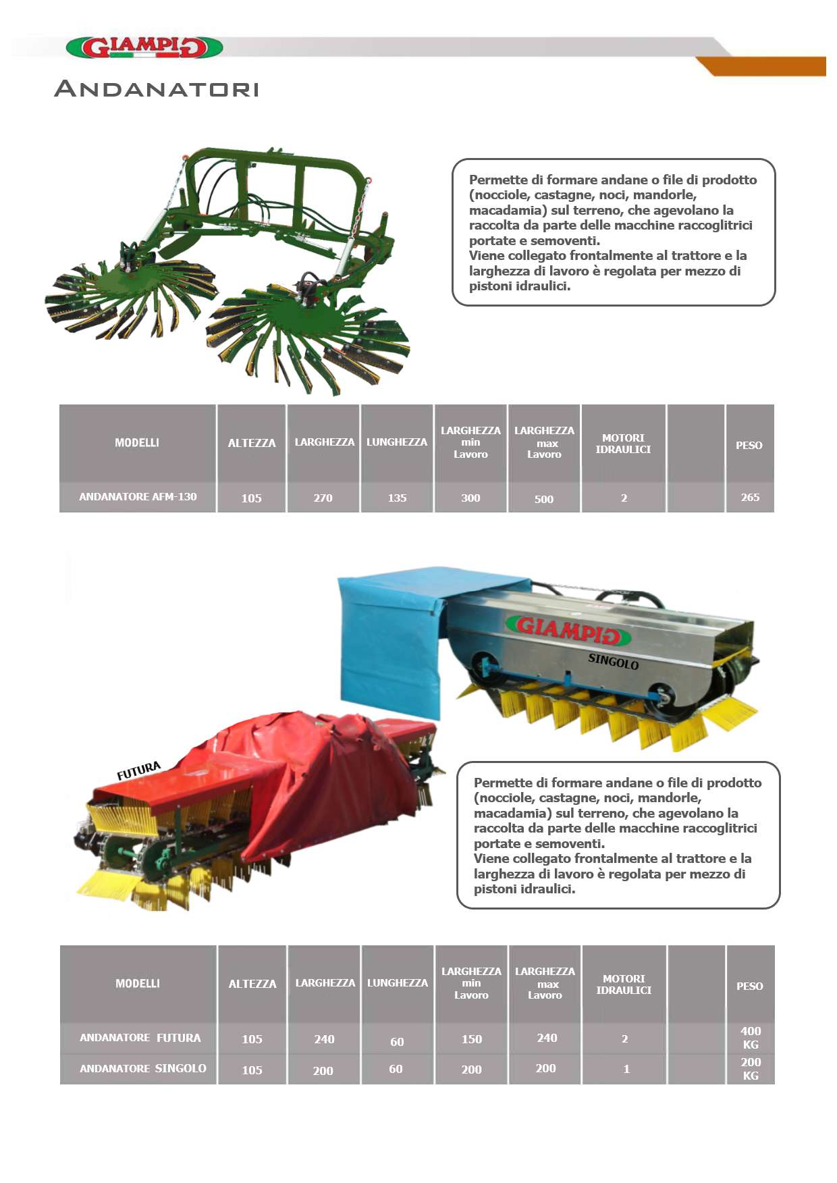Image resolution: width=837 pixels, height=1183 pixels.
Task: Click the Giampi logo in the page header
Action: tap(144, 47)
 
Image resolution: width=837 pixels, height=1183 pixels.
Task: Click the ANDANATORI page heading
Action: tap(157, 88)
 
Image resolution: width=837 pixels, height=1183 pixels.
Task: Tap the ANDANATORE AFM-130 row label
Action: tap(138, 497)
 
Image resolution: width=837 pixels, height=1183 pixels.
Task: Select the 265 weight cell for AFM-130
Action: tap(750, 498)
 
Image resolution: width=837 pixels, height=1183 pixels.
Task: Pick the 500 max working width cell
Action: tap(544, 499)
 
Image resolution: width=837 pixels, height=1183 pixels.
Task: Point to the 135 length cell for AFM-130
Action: tap(397, 498)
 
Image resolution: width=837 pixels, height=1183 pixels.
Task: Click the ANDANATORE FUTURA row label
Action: tap(140, 1038)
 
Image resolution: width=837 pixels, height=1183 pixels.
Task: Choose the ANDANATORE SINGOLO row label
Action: tap(143, 1068)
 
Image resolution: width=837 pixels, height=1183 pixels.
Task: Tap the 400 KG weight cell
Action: tap(751, 1038)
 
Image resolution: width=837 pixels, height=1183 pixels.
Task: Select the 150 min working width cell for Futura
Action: tap(472, 1039)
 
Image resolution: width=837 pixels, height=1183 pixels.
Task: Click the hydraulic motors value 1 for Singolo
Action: tap(626, 1069)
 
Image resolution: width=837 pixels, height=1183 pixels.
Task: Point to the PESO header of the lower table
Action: tap(749, 987)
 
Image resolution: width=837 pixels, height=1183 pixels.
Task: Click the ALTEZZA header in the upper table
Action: tap(252, 443)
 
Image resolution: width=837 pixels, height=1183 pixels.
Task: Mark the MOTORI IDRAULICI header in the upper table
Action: tap(623, 444)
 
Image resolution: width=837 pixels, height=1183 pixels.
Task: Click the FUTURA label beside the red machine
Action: tap(139, 770)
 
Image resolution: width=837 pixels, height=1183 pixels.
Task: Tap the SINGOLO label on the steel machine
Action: tap(614, 661)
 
